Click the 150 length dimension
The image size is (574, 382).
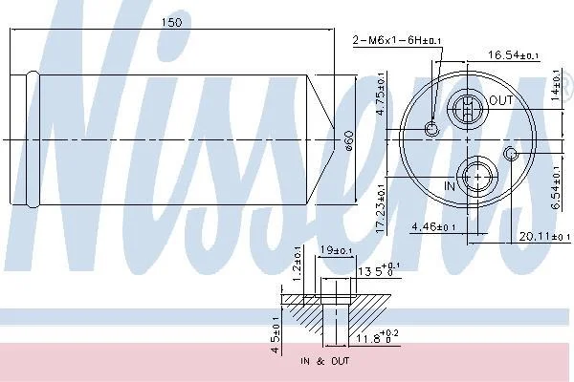[171, 23]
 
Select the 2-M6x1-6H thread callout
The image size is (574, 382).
[397, 40]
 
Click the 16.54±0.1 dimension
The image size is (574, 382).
[513, 55]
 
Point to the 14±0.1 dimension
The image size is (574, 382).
[555, 86]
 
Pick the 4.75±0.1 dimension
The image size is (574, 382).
[381, 95]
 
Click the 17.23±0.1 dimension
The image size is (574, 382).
[381, 208]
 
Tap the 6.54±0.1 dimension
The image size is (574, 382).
[556, 188]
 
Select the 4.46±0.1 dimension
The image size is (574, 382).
[433, 227]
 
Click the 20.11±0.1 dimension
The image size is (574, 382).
[544, 237]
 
